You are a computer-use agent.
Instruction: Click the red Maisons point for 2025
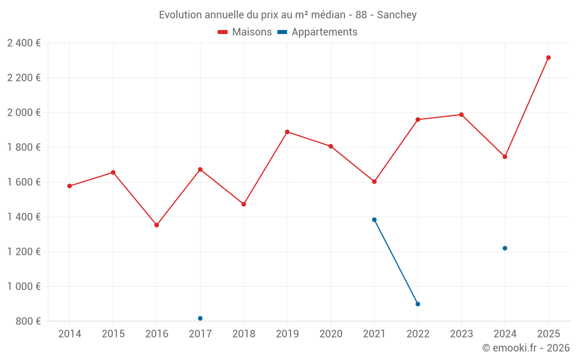click(548, 58)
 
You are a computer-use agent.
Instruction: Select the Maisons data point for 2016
click(157, 225)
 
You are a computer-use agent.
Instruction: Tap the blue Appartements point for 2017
click(200, 319)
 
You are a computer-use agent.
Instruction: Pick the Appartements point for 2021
click(374, 219)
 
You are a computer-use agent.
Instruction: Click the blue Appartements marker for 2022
click(418, 304)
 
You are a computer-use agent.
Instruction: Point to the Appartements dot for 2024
click(505, 248)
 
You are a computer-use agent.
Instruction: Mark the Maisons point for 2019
click(287, 132)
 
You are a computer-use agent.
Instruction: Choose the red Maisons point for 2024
click(505, 157)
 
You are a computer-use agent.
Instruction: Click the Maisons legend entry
click(245, 32)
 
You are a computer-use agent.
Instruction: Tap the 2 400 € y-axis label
click(24, 43)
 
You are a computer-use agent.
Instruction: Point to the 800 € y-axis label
click(28, 321)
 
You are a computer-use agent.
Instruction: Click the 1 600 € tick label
click(24, 182)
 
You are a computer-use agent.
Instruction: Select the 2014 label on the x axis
click(70, 334)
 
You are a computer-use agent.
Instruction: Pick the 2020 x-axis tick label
click(331, 334)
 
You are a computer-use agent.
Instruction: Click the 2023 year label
click(461, 334)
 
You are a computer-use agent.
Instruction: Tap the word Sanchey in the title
click(397, 14)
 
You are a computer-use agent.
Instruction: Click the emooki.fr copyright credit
click(526, 348)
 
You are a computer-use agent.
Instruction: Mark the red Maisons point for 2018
click(244, 204)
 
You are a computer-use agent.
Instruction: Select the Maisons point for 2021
click(374, 181)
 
